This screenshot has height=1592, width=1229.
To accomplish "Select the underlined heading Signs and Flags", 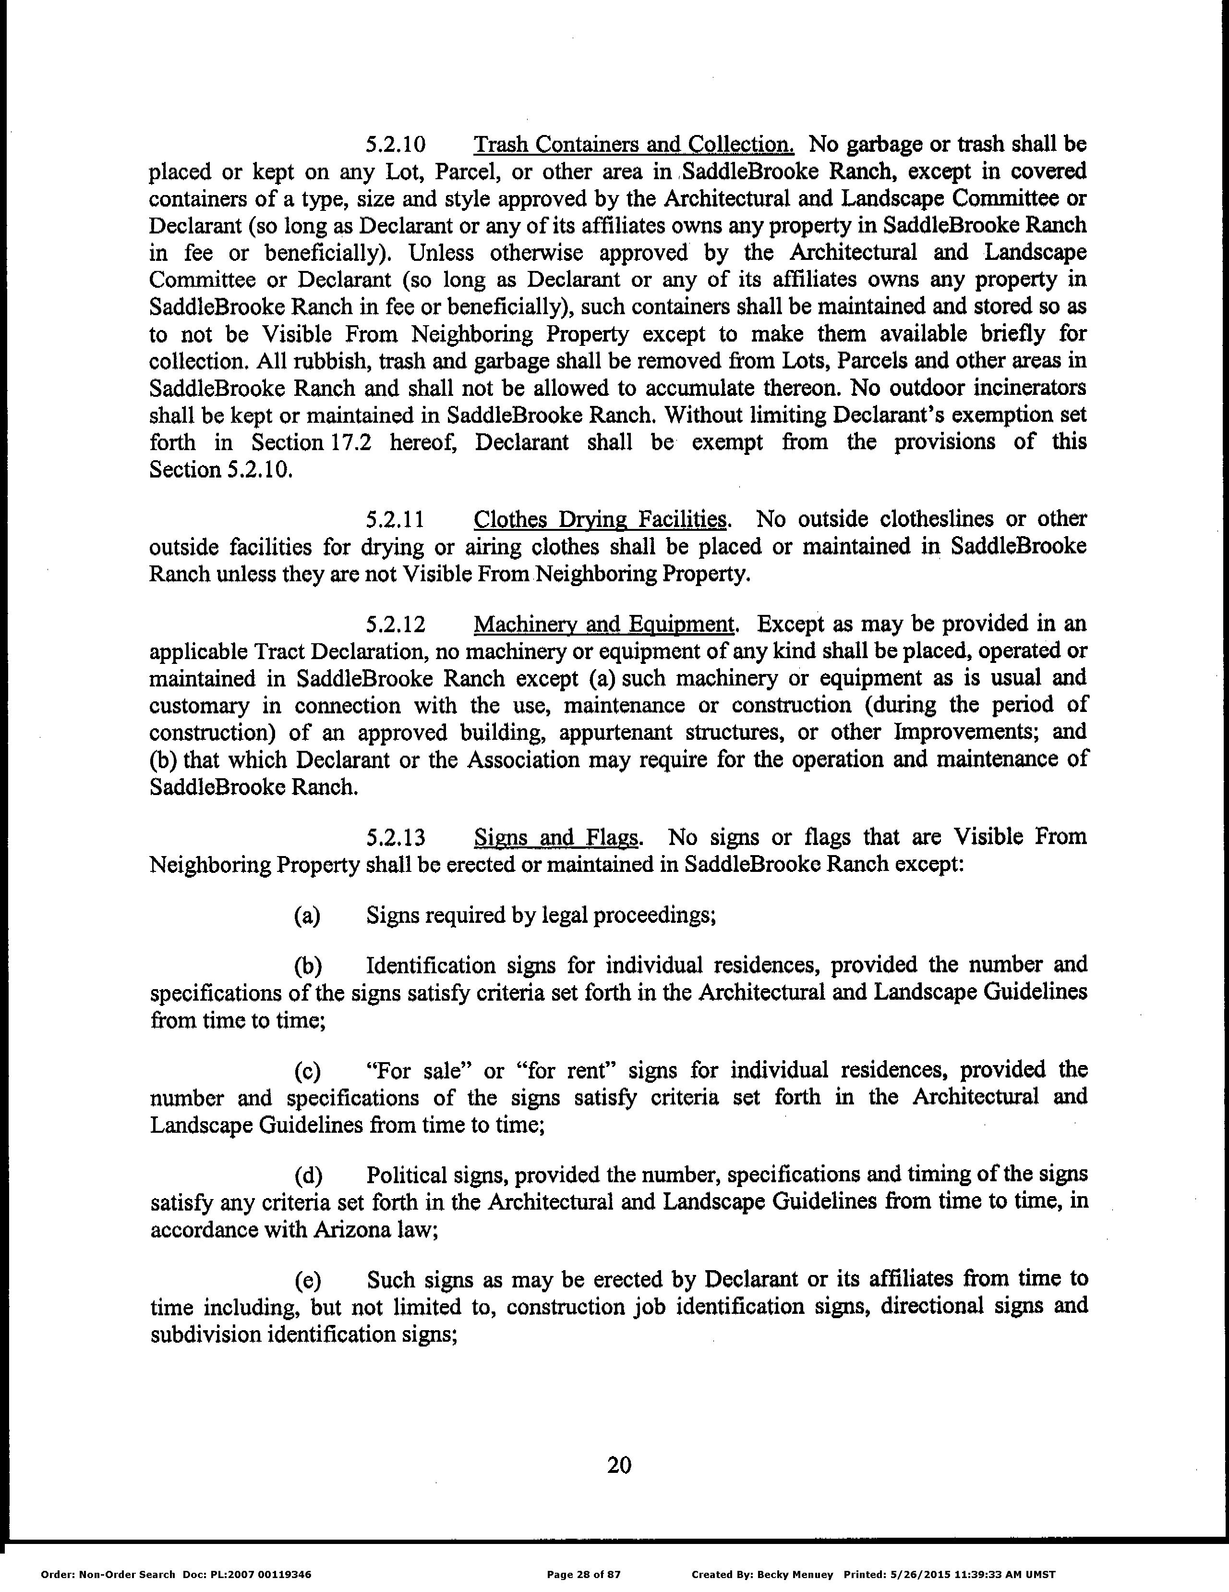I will (556, 837).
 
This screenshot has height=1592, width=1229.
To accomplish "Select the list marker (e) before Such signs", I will (307, 1281).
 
